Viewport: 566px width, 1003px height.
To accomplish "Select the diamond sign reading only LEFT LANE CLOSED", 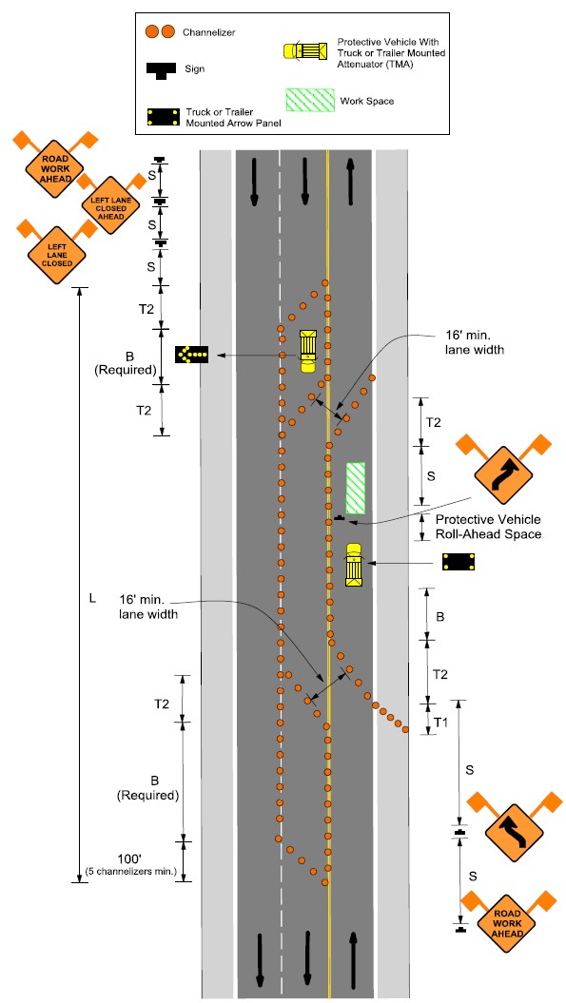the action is (56, 255).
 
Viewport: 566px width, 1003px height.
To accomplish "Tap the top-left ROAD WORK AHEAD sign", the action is (56, 169).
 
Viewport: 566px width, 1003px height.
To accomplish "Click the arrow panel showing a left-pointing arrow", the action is (192, 353).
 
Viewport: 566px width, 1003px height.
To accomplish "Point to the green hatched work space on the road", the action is (356, 488).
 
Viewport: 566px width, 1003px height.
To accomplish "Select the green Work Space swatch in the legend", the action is (310, 101).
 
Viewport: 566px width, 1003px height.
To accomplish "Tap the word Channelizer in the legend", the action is (208, 32).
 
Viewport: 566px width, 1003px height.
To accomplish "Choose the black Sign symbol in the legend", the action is (159, 70).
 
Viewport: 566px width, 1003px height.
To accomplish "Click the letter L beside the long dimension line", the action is (92, 599).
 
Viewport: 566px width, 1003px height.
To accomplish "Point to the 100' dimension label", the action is (130, 858).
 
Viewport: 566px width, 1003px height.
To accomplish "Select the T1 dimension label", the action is (440, 723).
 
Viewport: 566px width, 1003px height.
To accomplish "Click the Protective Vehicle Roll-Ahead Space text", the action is (488, 527).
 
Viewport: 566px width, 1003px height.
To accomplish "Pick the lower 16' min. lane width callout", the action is (148, 608).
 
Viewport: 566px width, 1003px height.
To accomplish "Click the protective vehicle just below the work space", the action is (354, 565).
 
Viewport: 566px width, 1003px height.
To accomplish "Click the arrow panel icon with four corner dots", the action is (459, 562).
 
